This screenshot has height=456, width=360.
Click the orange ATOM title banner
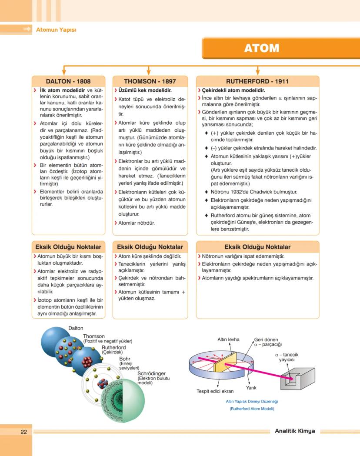pyautogui.click(x=280, y=48)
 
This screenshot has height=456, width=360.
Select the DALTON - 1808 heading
pyautogui.click(x=68, y=81)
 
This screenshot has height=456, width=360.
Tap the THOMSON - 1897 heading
pyautogui.click(x=150, y=81)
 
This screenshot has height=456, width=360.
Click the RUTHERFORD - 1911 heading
pyautogui.click(x=257, y=81)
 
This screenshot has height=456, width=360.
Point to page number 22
pyautogui.click(x=24, y=432)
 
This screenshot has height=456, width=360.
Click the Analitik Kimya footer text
pyautogui.click(x=295, y=431)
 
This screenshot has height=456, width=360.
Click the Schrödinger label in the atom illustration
pyautogui.click(x=151, y=373)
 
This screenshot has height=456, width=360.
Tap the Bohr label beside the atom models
pyautogui.click(x=125, y=359)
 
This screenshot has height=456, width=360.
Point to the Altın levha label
pyautogui.click(x=228, y=340)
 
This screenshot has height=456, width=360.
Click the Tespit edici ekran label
pyautogui.click(x=215, y=391)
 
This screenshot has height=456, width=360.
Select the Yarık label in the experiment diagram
pyautogui.click(x=251, y=387)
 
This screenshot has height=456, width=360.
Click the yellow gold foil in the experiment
pyautogui.click(x=232, y=361)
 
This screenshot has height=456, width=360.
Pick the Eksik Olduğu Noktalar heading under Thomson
pyautogui.click(x=150, y=247)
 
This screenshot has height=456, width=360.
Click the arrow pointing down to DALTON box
pyautogui.click(x=64, y=70)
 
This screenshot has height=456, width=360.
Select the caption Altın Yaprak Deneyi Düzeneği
pyautogui.click(x=252, y=402)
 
